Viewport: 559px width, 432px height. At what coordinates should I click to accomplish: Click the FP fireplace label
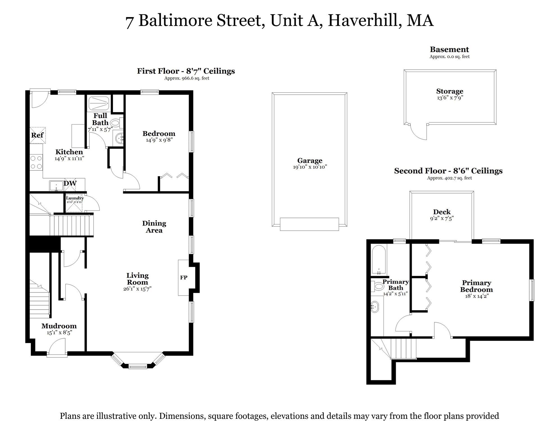point(184,278)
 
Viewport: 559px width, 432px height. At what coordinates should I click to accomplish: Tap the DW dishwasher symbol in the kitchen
point(70,183)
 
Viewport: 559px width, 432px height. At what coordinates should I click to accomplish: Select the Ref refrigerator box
point(37,135)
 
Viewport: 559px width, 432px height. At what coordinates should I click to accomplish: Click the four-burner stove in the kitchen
point(36,162)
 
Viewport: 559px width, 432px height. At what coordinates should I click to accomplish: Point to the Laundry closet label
point(75,198)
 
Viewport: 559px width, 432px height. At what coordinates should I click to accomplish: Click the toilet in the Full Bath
point(115,123)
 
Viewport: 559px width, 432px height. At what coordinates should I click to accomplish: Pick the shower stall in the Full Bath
point(99,103)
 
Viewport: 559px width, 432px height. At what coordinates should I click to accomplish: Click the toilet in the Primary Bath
point(378,287)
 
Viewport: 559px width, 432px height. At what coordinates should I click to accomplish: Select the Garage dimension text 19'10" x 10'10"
point(310,167)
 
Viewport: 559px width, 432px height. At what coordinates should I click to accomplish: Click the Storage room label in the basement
point(450,91)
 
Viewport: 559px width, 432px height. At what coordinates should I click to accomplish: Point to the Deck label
point(442,212)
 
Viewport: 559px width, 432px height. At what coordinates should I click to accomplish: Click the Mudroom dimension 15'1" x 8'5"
point(59,333)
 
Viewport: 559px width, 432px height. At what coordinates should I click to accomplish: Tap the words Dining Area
point(154,227)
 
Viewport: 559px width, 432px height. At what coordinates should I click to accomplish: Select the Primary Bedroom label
point(476,286)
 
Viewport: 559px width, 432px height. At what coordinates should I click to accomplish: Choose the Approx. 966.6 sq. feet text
point(187,78)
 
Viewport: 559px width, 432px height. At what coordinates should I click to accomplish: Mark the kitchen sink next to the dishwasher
point(56,186)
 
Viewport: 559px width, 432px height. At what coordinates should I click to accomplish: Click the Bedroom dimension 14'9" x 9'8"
point(159,140)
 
